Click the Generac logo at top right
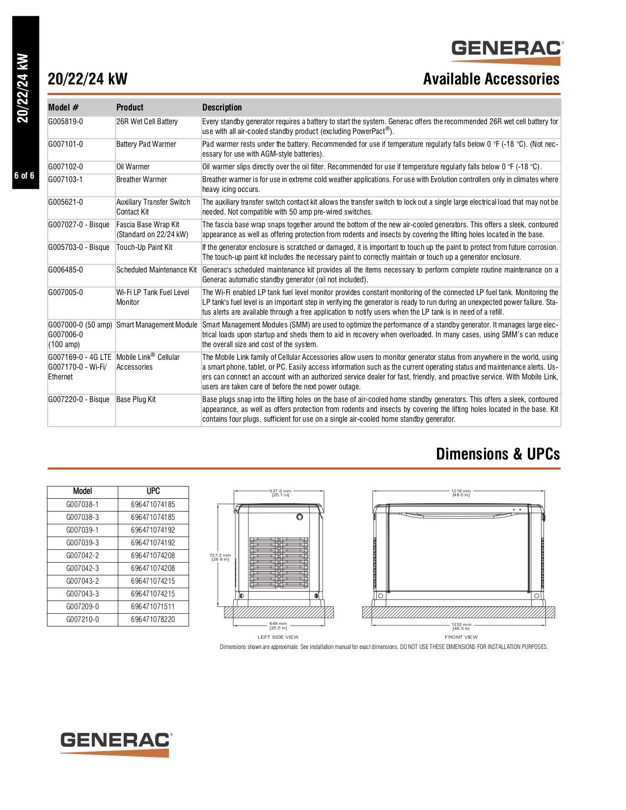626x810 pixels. [507, 52]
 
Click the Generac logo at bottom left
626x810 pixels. [116, 744]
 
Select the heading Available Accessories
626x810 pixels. [491, 79]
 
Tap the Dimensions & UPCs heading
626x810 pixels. [497, 454]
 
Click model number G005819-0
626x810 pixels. [66, 122]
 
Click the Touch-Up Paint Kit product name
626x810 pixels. [144, 247]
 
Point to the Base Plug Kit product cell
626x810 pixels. [136, 400]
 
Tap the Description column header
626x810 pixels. [222, 108]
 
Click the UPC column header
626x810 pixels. [153, 491]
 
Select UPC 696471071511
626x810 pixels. [153, 607]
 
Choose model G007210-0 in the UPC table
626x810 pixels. [82, 620]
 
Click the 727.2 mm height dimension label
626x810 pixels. [220, 557]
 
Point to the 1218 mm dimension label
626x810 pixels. [461, 492]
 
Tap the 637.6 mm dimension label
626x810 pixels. [280, 492]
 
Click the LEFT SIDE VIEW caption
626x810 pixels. [278, 637]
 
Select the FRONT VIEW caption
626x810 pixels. [461, 637]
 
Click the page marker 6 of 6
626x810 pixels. [25, 176]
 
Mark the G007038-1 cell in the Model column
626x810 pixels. [82, 505]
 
